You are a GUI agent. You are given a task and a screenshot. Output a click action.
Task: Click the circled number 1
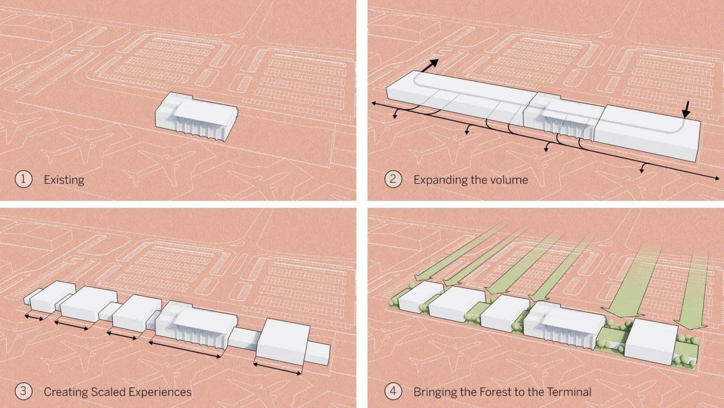click(23, 180)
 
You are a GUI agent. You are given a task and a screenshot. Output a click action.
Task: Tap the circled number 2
click(393, 180)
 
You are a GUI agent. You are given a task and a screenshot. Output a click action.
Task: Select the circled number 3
click(23, 391)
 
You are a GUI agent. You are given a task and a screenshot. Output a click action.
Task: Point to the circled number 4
click(393, 391)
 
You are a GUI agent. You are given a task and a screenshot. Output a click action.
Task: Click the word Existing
click(64, 180)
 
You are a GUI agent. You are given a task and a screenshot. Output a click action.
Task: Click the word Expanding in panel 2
click(440, 180)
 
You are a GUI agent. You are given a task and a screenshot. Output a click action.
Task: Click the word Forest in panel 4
click(495, 392)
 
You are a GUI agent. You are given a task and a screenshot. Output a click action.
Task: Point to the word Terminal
click(569, 392)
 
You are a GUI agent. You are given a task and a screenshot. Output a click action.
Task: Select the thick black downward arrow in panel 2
click(686, 109)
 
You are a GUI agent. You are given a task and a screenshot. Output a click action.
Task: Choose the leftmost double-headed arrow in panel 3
click(34, 318)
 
